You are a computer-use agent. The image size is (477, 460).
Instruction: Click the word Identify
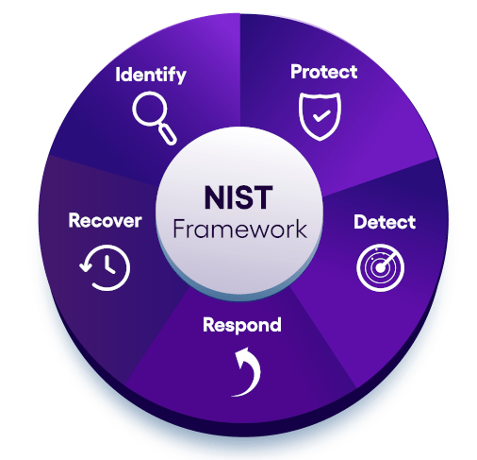151,75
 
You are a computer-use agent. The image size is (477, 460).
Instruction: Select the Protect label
324,72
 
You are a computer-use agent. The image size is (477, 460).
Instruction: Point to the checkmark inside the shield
321,115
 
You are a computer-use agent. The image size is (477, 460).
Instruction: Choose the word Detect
385,222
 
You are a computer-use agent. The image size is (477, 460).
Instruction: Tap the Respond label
242,325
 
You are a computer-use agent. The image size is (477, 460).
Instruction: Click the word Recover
105,220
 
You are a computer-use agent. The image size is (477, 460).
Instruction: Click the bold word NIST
238,197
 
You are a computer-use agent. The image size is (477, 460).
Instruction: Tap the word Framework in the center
239,229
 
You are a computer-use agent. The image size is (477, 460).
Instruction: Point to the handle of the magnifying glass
168,134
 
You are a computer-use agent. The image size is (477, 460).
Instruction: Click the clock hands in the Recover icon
108,265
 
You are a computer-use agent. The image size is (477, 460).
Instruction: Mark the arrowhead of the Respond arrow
242,356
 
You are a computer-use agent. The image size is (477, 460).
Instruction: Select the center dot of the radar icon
380,268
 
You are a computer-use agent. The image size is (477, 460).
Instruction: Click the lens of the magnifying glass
149,109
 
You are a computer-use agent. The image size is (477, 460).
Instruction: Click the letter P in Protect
297,72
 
